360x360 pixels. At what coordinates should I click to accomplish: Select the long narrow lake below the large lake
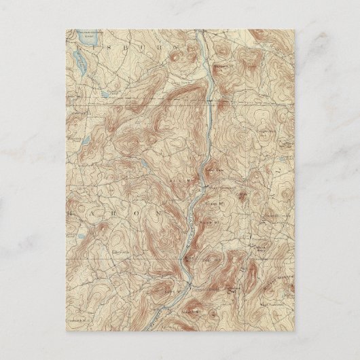[80, 68]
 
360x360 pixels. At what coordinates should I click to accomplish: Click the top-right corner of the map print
[294, 29]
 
